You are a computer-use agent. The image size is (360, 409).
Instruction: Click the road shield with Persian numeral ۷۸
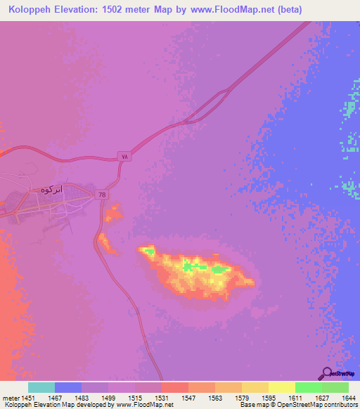click(x=124, y=157)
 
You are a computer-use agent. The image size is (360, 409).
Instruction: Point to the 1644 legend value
click(x=348, y=398)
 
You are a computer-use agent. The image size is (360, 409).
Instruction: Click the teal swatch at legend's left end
click(x=41, y=387)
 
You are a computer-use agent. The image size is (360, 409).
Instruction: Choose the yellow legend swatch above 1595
click(x=255, y=387)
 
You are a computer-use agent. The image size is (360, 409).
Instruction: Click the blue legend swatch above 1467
click(x=68, y=387)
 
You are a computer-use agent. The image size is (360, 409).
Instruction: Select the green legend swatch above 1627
click(x=308, y=387)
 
